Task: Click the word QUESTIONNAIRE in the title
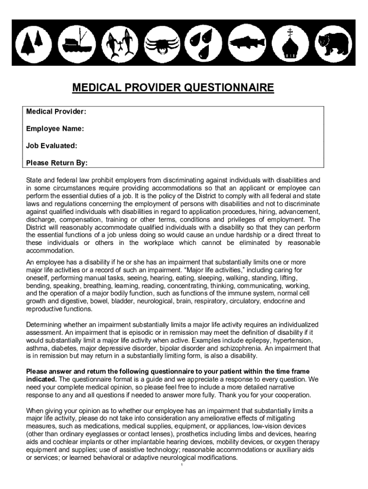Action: click(229, 88)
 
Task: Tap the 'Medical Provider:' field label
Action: click(56, 112)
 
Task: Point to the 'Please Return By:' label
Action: click(57, 163)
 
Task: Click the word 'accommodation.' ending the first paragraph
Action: click(50, 251)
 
